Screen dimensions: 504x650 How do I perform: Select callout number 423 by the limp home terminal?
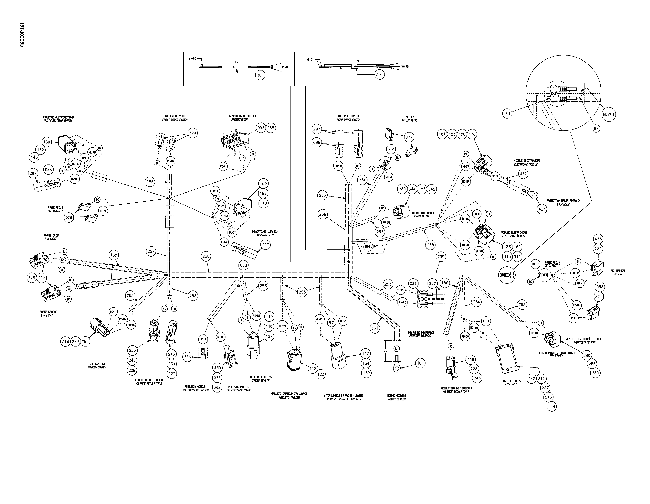pos(542,209)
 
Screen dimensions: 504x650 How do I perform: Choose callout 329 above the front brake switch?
pos(193,133)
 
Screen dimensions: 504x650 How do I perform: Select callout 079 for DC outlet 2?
pos(69,217)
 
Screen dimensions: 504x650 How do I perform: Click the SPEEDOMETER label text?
pos(239,120)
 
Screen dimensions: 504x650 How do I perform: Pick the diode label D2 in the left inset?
pos(237,62)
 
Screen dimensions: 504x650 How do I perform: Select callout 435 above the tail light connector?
pos(598,239)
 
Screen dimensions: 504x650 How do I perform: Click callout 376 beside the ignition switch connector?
pos(66,341)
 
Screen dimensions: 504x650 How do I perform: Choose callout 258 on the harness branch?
pos(430,245)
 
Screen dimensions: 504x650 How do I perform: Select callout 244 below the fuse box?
pos(551,406)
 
